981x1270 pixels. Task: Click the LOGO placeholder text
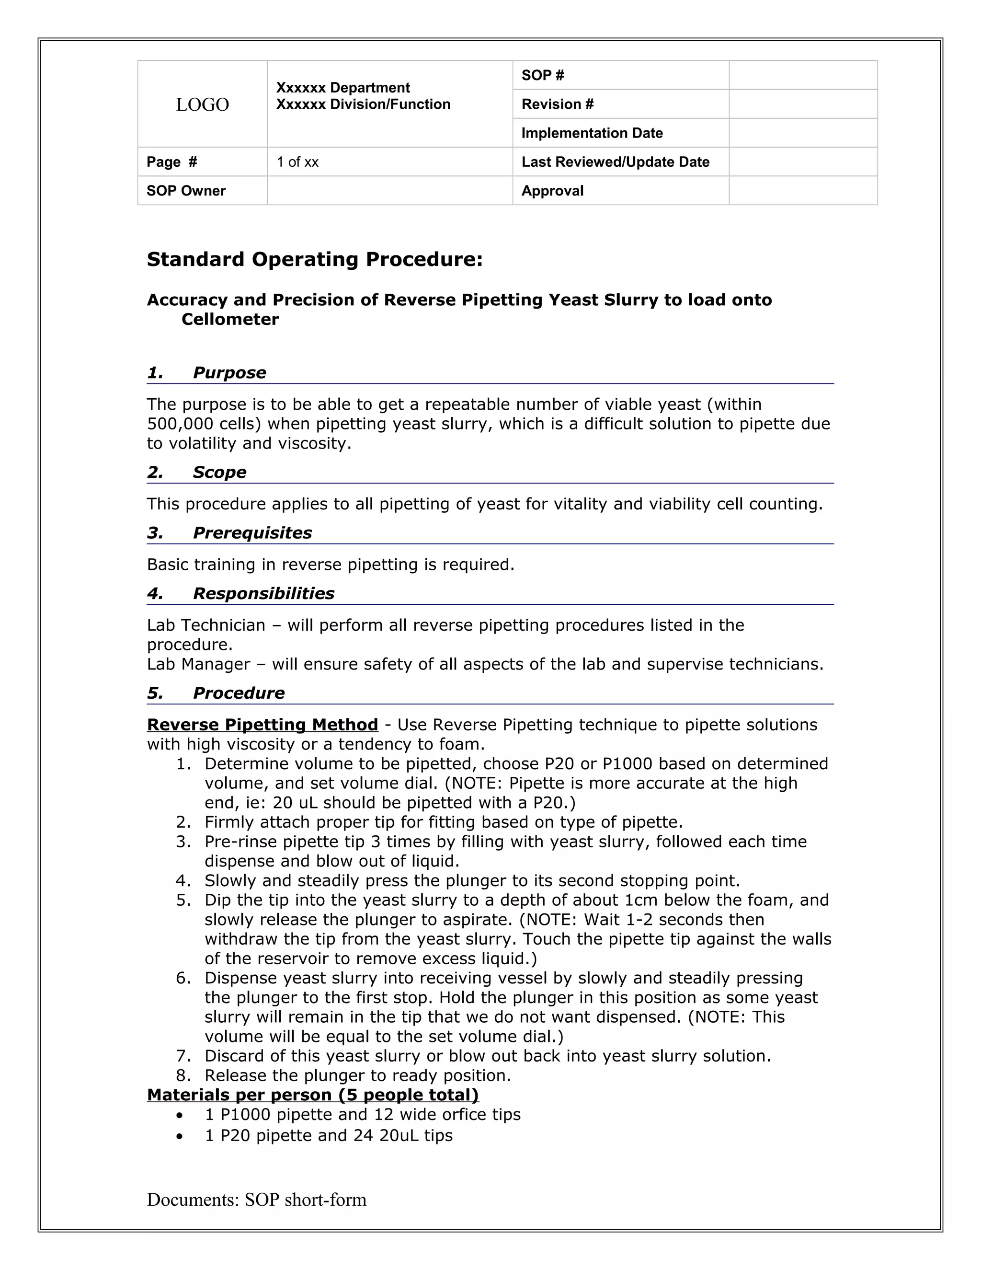click(x=202, y=104)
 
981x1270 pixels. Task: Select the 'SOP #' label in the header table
click(x=543, y=75)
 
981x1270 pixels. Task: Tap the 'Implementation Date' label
click(x=592, y=133)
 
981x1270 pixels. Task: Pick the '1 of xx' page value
click(x=297, y=162)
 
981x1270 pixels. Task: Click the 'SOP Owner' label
click(x=186, y=191)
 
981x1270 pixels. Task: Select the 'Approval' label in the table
click(x=552, y=191)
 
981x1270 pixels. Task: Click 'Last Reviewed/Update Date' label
click(x=615, y=162)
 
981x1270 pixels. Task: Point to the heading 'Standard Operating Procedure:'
click(x=314, y=259)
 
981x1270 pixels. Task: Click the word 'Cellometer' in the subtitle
click(x=230, y=319)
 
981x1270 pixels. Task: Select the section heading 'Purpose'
click(x=229, y=373)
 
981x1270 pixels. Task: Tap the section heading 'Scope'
click(x=219, y=472)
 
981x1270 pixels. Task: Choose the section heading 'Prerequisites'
click(x=252, y=532)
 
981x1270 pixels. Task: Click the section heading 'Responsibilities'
click(x=263, y=594)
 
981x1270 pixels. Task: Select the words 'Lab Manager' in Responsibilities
click(x=198, y=664)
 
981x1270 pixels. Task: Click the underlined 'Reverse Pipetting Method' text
click(x=262, y=725)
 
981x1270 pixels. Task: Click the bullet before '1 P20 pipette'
click(x=181, y=1136)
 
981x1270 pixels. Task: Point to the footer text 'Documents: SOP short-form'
click(x=256, y=1200)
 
